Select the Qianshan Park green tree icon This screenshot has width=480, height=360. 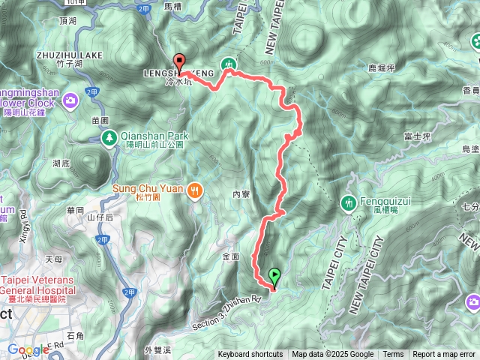tap(109, 137)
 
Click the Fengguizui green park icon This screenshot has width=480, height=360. tap(348, 202)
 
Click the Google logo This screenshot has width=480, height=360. tap(28, 349)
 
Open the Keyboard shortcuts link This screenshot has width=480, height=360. tap(250, 355)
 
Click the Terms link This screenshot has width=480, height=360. tap(393, 355)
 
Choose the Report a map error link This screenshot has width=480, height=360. tap(444, 355)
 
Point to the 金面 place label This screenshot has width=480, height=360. tap(230, 256)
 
